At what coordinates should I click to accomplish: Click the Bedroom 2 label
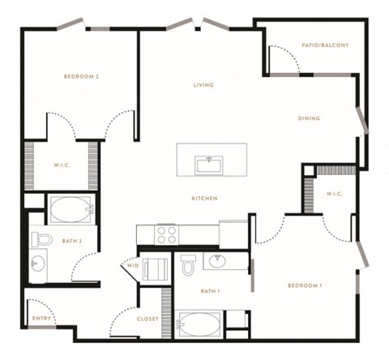point(81,76)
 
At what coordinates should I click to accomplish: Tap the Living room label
point(203,85)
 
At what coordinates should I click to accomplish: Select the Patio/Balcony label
point(325,45)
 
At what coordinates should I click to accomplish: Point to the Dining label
point(309,118)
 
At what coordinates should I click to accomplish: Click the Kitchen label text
point(204,199)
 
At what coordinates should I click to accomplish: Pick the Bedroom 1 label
point(305,285)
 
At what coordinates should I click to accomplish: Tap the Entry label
point(41,319)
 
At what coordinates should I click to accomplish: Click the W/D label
point(133,266)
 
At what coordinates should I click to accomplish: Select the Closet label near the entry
point(147,319)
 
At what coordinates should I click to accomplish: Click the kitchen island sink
point(210,165)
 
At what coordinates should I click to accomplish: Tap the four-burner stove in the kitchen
point(166,235)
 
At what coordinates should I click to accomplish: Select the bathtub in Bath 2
point(71,209)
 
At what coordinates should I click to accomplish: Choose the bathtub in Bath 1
point(199,324)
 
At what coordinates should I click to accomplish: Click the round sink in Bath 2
point(38,263)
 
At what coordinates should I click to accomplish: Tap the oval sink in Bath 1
point(218,261)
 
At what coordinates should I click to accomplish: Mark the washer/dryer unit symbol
point(155,269)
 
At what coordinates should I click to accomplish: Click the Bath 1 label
point(211,291)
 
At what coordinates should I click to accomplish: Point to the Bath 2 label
point(72,241)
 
